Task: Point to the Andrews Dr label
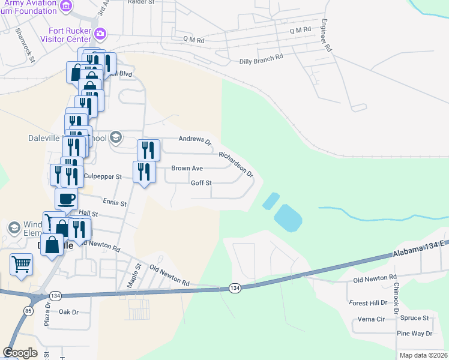pos(196,140)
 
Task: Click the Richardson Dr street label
pos(236,164)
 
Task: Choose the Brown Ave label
pos(187,169)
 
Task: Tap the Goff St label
pos(201,183)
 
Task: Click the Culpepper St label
pos(103,177)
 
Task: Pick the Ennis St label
pos(115,203)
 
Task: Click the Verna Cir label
pos(372,319)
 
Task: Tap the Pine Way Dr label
pos(414,333)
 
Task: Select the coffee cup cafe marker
pos(66,198)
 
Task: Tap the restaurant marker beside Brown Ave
pos(144,173)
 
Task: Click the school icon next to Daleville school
pos(116,138)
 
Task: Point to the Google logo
pos(20,353)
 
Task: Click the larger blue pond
pos(288,218)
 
